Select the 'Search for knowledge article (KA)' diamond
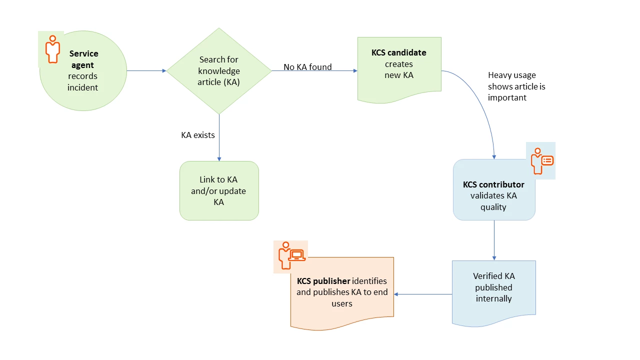[218, 70]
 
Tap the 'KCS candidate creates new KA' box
[399, 65]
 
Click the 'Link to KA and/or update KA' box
[219, 190]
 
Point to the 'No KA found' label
[307, 67]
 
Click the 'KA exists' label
[197, 135]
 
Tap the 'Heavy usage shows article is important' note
[516, 86]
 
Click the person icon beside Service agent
[52, 49]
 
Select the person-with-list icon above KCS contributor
[541, 160]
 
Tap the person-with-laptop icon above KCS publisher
[290, 256]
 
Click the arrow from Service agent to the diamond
[146, 71]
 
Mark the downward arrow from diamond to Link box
[219, 137]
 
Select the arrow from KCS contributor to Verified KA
[494, 240]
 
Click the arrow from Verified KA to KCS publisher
[423, 294]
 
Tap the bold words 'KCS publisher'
[323, 281]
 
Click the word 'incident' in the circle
[83, 87]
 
